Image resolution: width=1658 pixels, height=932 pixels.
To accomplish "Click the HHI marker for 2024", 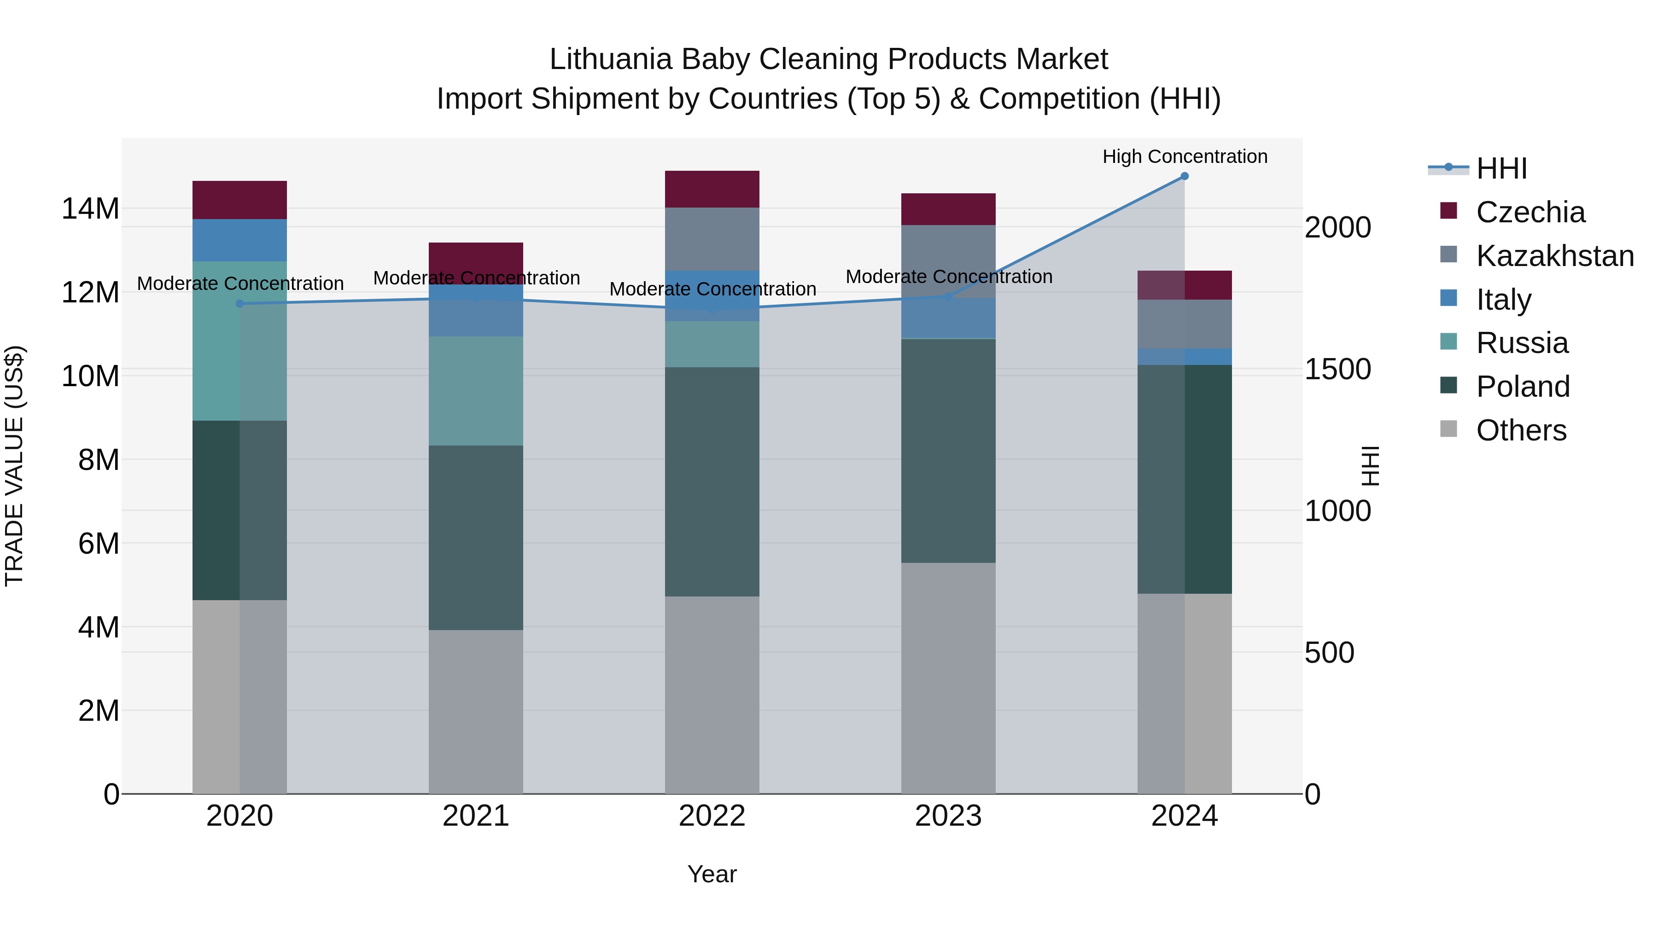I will [1184, 176].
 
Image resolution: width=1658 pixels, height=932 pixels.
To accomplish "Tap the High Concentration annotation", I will [1184, 156].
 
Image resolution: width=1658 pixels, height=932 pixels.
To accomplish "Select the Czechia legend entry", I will [1530, 212].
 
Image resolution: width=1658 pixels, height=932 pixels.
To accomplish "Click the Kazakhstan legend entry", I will [1554, 256].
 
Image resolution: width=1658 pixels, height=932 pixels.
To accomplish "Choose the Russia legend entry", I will [1522, 343].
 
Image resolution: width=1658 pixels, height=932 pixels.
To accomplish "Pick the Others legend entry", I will [1521, 430].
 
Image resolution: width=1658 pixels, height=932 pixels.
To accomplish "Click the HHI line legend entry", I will [1501, 168].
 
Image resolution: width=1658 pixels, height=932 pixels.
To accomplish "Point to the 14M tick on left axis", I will [90, 209].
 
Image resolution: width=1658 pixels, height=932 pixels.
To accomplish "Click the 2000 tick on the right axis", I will [1337, 228].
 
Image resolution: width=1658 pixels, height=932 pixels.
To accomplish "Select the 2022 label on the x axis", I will [712, 816].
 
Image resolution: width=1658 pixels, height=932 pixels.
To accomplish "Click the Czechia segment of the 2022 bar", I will [712, 189].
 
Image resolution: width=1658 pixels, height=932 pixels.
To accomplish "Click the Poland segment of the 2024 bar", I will [1184, 479].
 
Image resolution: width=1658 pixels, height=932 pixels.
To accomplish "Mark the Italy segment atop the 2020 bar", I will [239, 240].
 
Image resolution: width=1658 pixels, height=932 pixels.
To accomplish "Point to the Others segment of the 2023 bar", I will [948, 678].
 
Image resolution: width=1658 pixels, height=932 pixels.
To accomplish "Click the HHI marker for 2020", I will [239, 304].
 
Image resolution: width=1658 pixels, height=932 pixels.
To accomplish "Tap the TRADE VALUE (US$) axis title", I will [14, 466].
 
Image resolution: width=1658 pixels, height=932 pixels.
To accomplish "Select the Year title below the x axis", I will [712, 874].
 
